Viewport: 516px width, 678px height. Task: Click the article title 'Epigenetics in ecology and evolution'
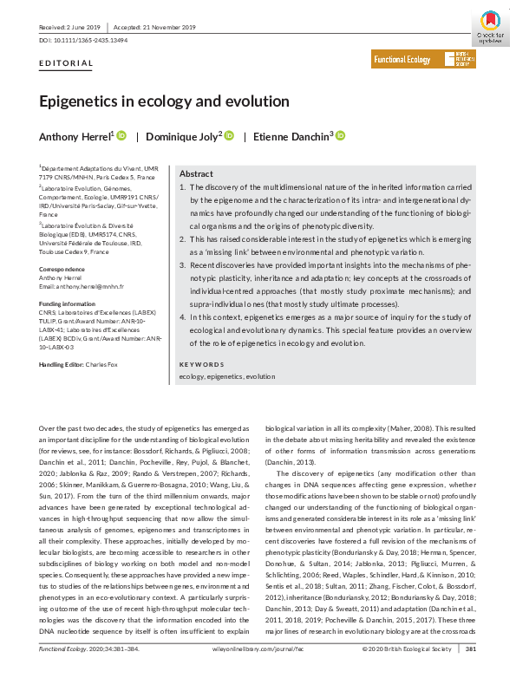click(x=164, y=101)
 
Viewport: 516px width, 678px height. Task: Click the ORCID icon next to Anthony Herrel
click(x=121, y=135)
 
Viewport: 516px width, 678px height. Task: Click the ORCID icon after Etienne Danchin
click(x=340, y=135)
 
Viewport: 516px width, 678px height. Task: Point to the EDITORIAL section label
click(x=67, y=64)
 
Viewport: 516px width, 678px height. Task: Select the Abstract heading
click(x=195, y=173)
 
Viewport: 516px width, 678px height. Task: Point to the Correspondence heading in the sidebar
click(x=62, y=271)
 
